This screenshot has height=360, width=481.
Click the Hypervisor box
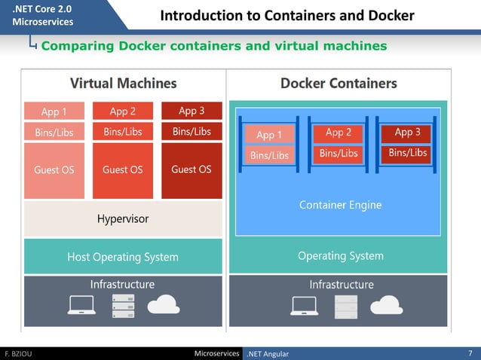123,219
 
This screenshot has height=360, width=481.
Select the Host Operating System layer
123,257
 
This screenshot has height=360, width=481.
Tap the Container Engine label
340,205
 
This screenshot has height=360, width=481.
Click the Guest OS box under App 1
54,170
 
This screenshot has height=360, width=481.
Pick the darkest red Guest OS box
191,170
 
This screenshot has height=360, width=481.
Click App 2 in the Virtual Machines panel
123,111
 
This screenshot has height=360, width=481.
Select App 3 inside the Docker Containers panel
408,133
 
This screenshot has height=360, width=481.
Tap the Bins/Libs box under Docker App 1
269,155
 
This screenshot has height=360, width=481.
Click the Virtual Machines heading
123,83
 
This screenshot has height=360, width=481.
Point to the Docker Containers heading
339,83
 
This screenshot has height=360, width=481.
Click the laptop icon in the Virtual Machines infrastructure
81,304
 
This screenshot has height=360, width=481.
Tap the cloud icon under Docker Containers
384,304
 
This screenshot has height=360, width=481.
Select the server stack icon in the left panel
123,304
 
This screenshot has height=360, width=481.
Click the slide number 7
470,353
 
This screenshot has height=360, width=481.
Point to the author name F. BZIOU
18,353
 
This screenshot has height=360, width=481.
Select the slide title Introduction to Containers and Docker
287,16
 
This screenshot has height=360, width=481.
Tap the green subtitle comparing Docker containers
213,46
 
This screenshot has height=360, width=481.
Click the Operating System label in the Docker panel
340,256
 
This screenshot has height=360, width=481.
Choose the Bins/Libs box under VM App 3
191,132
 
